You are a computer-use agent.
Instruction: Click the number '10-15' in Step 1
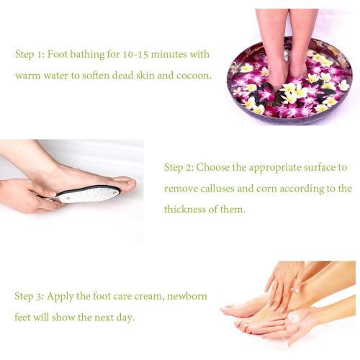pyautogui.click(x=125, y=54)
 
